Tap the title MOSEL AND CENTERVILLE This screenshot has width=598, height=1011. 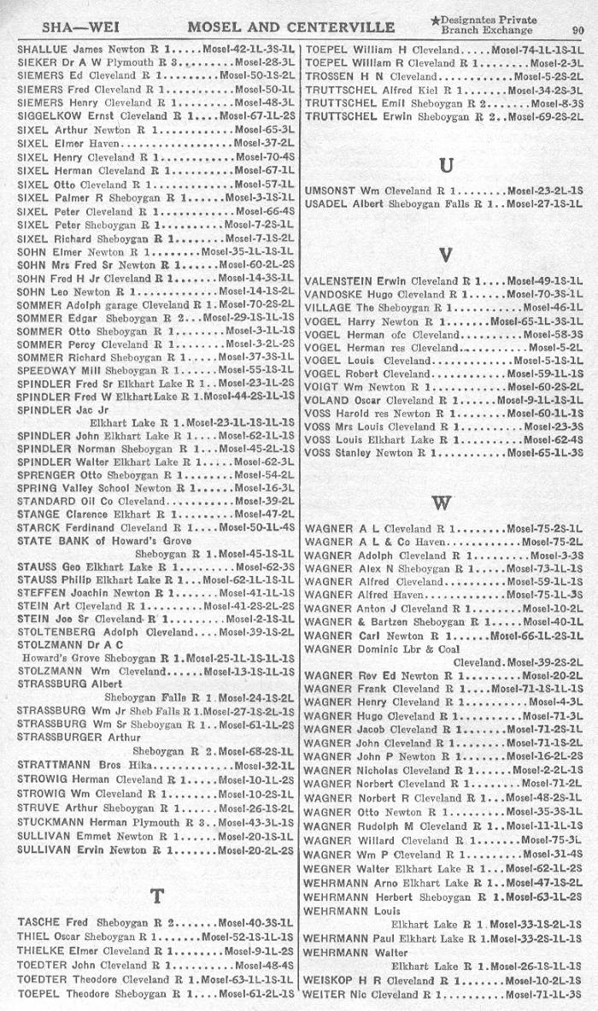point(291,26)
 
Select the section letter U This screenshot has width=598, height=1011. point(445,164)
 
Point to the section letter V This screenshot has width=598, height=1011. point(444,255)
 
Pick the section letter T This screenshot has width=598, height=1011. point(157,896)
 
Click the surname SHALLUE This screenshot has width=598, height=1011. point(38,50)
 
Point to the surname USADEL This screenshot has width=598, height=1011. point(325,204)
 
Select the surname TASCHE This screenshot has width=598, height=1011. point(38,923)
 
